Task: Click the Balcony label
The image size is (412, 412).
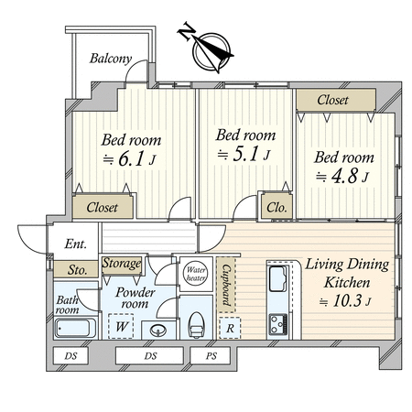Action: tap(111, 59)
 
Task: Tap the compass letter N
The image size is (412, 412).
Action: tap(186, 30)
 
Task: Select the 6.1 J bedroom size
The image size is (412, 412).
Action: tap(130, 159)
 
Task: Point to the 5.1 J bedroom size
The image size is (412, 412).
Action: tap(244, 155)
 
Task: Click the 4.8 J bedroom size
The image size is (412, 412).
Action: tap(342, 177)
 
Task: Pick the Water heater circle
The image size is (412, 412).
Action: tap(196, 274)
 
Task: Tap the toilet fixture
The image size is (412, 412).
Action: tap(196, 325)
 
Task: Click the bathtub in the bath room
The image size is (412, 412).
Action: tap(75, 328)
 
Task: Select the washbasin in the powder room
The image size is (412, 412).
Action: tap(158, 331)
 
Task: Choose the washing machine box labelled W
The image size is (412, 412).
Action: tap(121, 326)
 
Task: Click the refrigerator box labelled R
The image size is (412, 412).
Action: tap(230, 328)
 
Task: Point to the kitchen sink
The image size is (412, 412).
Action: tap(278, 278)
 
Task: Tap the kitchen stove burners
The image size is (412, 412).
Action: tap(278, 324)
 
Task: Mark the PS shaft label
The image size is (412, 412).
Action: tap(211, 356)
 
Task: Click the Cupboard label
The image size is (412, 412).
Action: tap(226, 285)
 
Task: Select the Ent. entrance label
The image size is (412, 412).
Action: tap(75, 244)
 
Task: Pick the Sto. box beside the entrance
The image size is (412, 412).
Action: tap(76, 269)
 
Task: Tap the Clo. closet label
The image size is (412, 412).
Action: tap(276, 208)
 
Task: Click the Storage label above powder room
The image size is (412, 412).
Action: tap(122, 264)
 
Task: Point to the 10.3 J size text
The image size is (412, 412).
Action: tap(345, 301)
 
